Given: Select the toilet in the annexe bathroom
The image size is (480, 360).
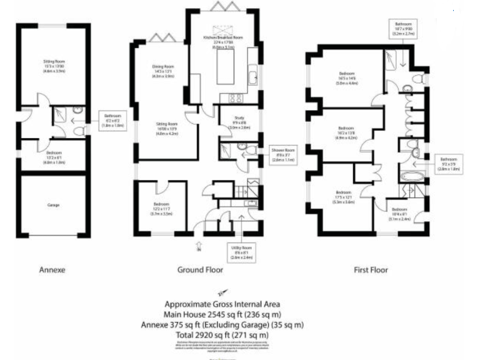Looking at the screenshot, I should pyautogui.click(x=77, y=130).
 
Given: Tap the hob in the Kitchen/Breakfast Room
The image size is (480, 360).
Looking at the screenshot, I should pyautogui.click(x=237, y=97).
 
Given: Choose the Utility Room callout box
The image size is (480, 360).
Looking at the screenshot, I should pyautogui.click(x=241, y=252).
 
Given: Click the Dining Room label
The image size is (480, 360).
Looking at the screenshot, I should pyautogui.click(x=163, y=71).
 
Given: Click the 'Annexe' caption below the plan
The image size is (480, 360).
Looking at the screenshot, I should pyautogui.click(x=52, y=270).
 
